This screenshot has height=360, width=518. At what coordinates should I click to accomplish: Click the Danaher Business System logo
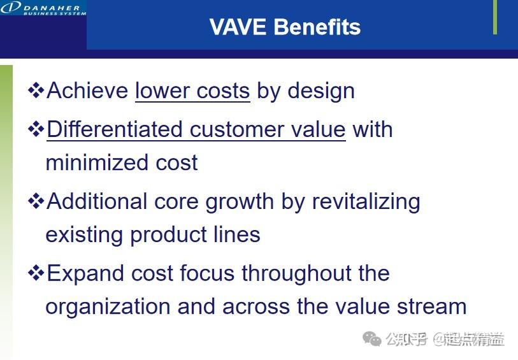[43, 8]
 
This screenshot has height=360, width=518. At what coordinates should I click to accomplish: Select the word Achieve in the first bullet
[88, 90]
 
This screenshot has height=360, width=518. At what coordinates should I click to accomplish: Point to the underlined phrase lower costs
[192, 90]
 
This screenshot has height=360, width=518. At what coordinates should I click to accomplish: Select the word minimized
[89, 162]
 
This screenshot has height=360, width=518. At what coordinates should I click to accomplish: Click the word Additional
[97, 201]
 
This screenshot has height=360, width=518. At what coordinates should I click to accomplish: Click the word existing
[85, 234]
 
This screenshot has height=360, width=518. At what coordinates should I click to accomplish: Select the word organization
[108, 306]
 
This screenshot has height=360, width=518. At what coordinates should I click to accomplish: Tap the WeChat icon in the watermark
[371, 339]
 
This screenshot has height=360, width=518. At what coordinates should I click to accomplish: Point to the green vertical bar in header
[495, 17]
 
